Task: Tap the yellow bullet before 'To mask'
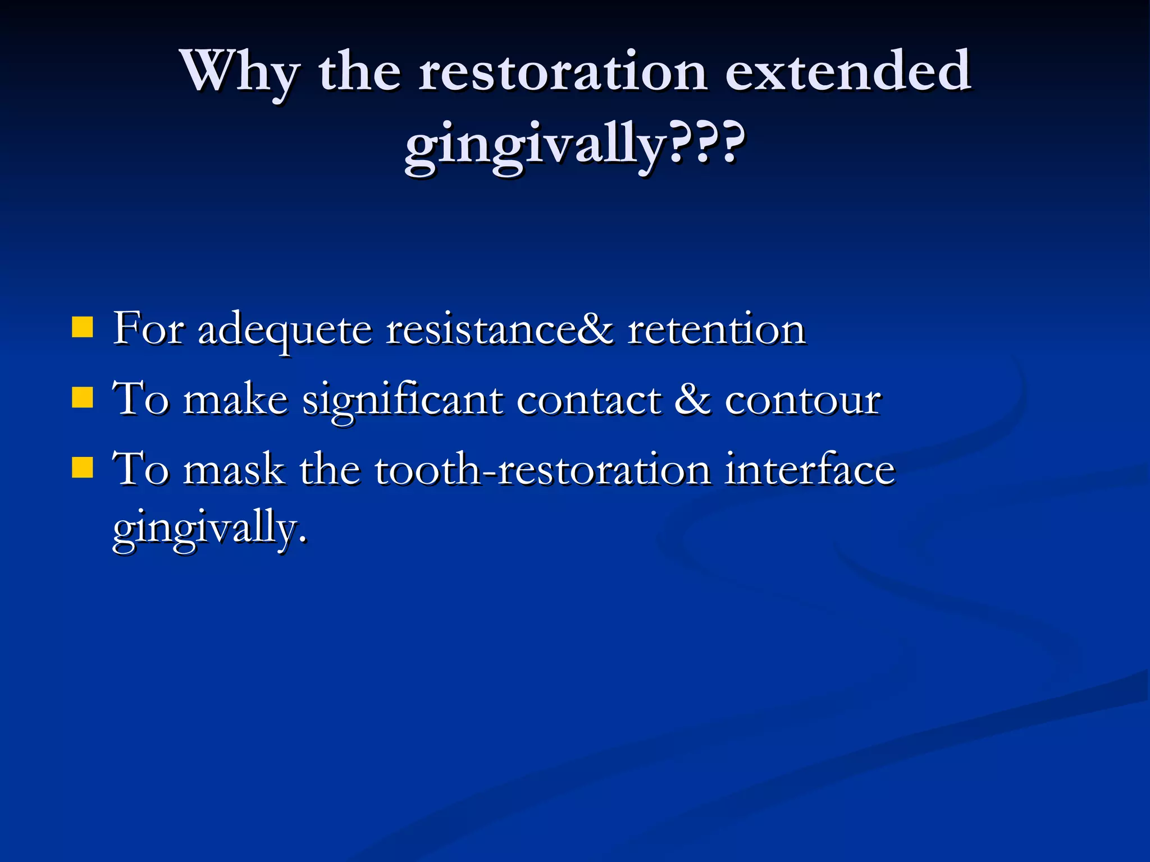point(83,467)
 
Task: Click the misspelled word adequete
point(285,331)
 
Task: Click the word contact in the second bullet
point(589,401)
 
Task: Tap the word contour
point(803,401)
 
